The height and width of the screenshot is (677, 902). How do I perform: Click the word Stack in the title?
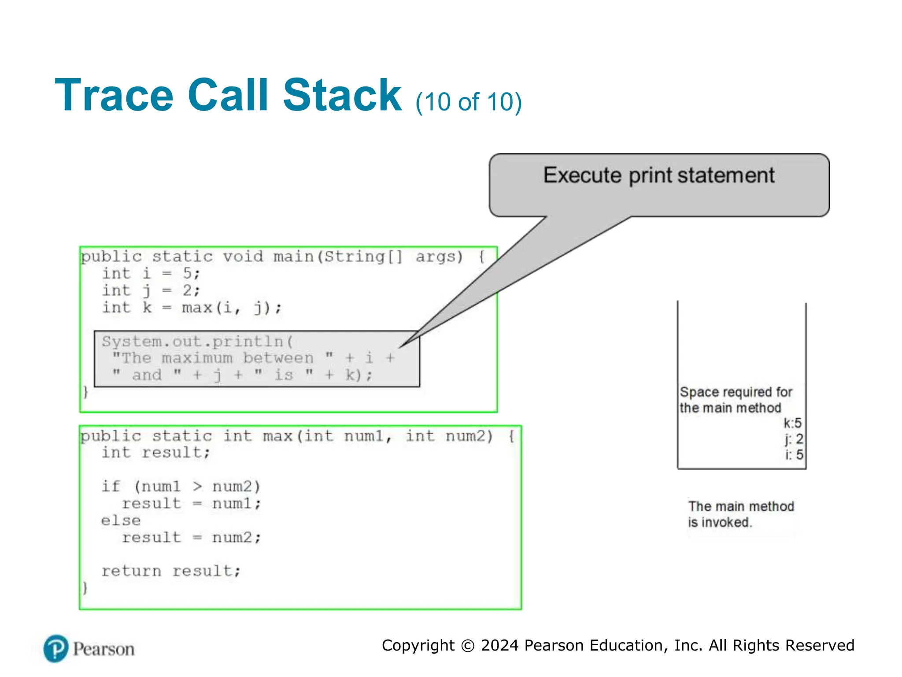[x=342, y=95]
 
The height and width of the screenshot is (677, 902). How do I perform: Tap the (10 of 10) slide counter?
[x=468, y=102]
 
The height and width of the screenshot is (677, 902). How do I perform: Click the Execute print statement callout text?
[x=658, y=175]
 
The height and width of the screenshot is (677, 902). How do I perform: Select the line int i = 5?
[x=151, y=273]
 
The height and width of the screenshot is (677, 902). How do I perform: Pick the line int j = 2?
[x=151, y=290]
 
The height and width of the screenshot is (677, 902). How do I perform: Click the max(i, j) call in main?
[x=231, y=307]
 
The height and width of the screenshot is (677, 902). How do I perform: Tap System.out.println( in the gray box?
[x=197, y=342]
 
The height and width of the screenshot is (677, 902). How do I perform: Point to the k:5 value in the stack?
[x=792, y=423]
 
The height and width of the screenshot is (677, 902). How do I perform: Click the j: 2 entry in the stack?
[x=794, y=439]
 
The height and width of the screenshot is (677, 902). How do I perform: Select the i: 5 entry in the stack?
[x=794, y=454]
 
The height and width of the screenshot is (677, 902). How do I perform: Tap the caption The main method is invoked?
[x=740, y=514]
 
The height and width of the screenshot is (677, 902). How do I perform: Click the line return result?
[x=171, y=571]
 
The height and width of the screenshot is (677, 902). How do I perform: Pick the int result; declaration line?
[x=156, y=452]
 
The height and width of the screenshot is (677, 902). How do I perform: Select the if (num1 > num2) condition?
[x=181, y=487]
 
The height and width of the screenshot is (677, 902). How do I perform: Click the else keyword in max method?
[x=121, y=521]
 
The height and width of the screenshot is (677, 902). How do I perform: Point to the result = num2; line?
[x=191, y=537]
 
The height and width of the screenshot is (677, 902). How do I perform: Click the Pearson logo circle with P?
[x=56, y=649]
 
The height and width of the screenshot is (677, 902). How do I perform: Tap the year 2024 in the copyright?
[x=499, y=645]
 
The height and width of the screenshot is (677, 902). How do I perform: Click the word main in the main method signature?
[x=294, y=257]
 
